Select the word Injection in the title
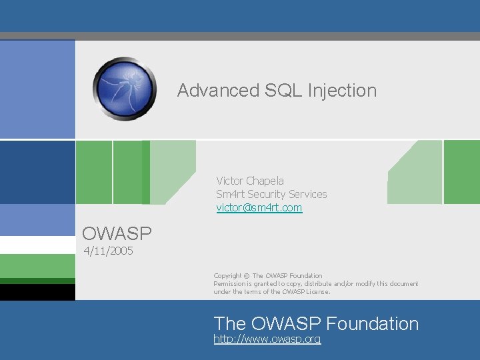(342, 91)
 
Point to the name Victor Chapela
(249, 181)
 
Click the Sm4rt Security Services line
(271, 194)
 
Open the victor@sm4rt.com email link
(259, 208)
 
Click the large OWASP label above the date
(117, 233)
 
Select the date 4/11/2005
(108, 251)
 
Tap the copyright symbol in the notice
(245, 276)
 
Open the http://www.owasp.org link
(267, 339)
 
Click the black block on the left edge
(37, 292)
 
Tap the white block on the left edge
(37, 245)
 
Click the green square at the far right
(461, 172)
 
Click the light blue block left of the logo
(37, 89)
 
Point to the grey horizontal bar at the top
(240, 36)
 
